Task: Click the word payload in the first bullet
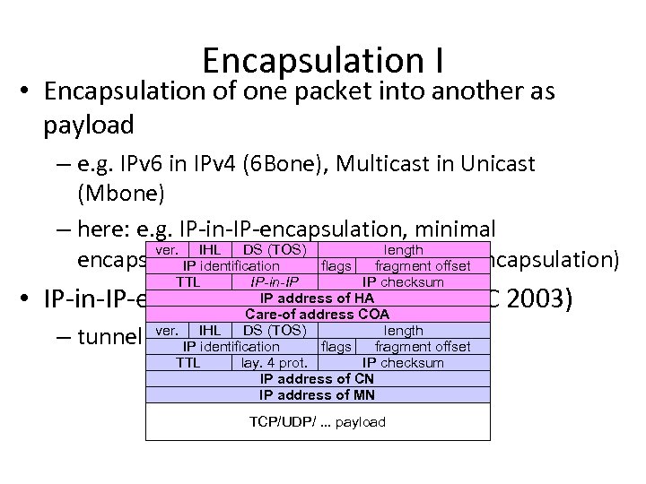pyautogui.click(x=88, y=124)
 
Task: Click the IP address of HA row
pyautogui.click(x=317, y=298)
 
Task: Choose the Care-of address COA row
pyautogui.click(x=317, y=314)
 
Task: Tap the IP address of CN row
pyautogui.click(x=317, y=379)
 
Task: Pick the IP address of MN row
pyautogui.click(x=317, y=394)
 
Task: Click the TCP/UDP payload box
pyautogui.click(x=317, y=421)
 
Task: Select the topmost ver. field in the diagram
pyautogui.click(x=167, y=249)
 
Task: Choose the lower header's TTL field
pyautogui.click(x=188, y=363)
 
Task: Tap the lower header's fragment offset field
pyautogui.click(x=423, y=346)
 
